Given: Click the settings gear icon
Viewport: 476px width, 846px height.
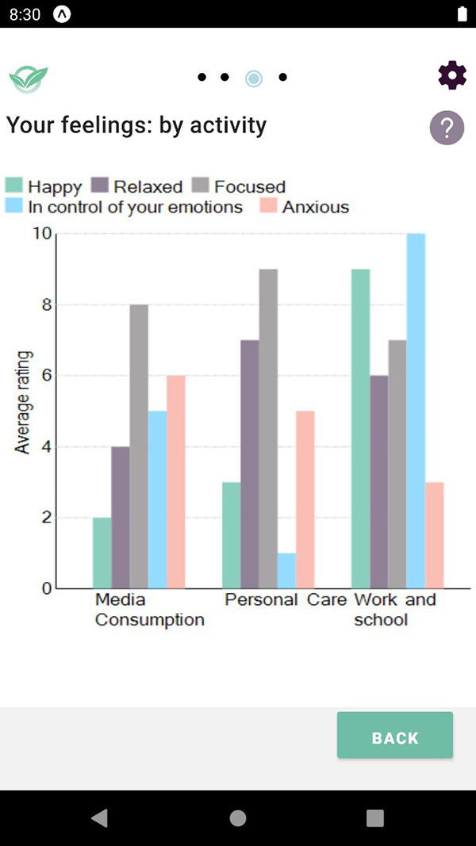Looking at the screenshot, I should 452,75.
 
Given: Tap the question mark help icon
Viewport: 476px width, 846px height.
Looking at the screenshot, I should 447,127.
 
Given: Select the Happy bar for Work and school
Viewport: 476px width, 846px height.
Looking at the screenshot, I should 360,428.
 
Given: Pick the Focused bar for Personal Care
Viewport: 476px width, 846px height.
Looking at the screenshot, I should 268,428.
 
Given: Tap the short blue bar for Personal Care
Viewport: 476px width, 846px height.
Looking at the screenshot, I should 286,571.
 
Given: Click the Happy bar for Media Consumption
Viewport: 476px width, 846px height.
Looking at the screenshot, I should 102,553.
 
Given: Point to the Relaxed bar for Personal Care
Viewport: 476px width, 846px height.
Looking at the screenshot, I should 249,464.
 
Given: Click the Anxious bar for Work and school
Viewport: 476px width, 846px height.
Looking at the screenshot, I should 434,535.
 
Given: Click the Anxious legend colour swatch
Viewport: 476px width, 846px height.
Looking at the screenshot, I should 268,207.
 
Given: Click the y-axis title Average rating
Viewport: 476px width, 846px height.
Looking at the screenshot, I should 22,402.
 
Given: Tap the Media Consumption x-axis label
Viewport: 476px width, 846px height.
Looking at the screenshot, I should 149,609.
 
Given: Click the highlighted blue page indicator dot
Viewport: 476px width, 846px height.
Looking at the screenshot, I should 254,78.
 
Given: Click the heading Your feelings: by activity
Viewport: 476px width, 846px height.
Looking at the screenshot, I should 136,125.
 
